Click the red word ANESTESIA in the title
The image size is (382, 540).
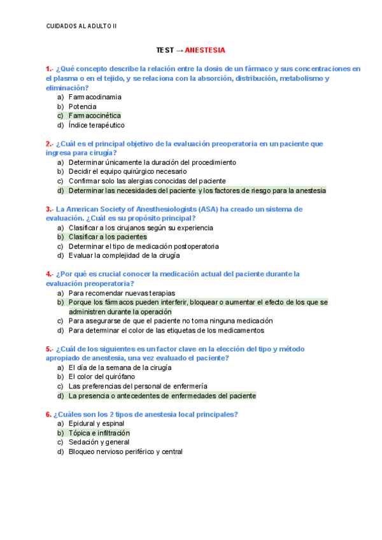pos(204,50)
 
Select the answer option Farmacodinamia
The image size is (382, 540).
pos(95,97)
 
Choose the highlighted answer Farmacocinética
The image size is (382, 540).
pos(94,116)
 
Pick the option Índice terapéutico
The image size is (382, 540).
pos(96,125)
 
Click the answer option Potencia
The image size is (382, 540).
pos(83,106)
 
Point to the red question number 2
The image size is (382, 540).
pos(48,144)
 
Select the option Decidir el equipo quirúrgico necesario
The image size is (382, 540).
pos(127,171)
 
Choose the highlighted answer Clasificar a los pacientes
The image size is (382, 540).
pos(108,237)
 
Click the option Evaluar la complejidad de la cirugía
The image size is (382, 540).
pos(124,255)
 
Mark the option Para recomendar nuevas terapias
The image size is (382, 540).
pos(117,293)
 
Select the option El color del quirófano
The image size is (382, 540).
pos(101,377)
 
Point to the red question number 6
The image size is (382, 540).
pos(48,415)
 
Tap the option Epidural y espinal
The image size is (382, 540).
pos(96,423)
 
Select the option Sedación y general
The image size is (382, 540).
pos(99,442)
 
